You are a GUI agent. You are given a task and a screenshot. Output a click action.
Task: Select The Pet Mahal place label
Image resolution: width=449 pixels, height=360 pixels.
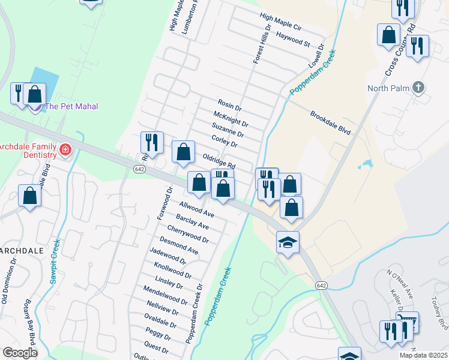71,106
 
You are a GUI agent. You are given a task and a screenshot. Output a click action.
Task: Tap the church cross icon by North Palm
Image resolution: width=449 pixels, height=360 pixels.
419,88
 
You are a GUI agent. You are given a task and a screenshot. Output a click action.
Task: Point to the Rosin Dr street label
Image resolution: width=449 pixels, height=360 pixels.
229,105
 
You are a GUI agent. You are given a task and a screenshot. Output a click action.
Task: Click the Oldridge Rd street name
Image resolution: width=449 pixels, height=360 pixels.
218,160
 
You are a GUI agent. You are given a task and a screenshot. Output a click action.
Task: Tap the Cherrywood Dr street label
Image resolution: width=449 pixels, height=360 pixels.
188,234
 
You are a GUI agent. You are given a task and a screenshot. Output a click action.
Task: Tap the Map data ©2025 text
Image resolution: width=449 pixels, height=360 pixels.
423,355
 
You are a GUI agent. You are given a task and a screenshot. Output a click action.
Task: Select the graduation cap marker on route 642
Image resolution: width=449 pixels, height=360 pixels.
288,242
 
